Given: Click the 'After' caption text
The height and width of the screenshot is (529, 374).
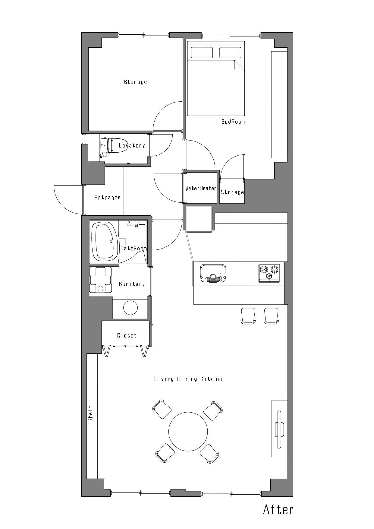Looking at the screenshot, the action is [278, 509].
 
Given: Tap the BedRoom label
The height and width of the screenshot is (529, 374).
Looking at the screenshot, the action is [233, 122].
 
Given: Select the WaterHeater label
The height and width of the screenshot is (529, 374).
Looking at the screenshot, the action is [201, 188].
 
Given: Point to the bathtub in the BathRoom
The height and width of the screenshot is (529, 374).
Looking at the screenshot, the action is [105, 241].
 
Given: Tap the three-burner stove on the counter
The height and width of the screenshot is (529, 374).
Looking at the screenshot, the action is [269, 273].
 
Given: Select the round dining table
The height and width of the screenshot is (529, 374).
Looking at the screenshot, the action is [188, 431].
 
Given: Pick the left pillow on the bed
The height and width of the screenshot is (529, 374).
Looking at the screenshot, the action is [202, 52].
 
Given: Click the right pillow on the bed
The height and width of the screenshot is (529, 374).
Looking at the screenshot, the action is [230, 52].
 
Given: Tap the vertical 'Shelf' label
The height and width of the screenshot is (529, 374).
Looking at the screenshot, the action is [90, 413].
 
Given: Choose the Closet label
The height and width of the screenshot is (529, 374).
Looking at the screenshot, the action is [127, 335].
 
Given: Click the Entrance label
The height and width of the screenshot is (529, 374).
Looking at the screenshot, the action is [108, 198].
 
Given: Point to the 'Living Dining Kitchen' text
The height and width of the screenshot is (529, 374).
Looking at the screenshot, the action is [189, 379].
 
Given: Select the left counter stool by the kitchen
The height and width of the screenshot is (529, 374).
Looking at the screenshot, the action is [248, 316].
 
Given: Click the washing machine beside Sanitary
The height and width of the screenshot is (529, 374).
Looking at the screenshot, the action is [100, 280].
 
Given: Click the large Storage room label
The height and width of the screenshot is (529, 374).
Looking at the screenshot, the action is [136, 82].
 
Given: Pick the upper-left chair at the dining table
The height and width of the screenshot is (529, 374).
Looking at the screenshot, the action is [162, 409].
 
